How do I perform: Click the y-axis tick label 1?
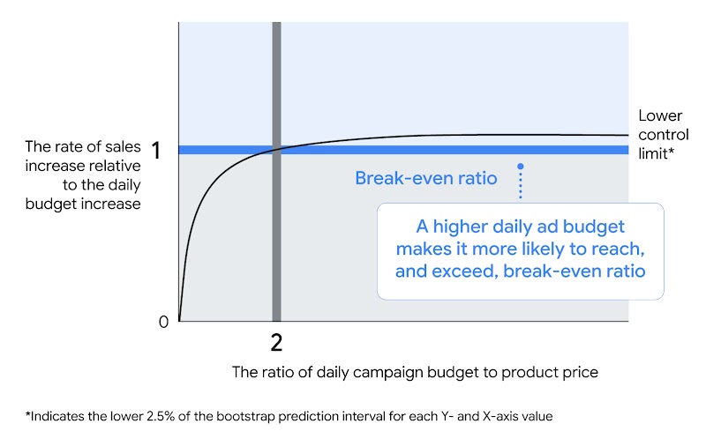(x=155, y=151)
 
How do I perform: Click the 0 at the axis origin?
(x=163, y=323)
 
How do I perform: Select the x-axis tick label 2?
(x=276, y=342)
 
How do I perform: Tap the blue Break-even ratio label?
(x=425, y=178)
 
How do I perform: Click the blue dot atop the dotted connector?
(x=521, y=166)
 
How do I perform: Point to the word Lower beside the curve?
(x=660, y=116)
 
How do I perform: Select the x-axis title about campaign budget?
(x=415, y=372)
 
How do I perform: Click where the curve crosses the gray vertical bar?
(x=276, y=151)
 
